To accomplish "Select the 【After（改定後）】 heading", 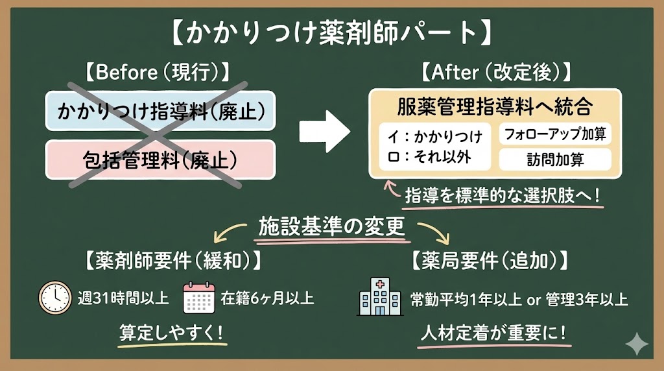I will click(495, 73).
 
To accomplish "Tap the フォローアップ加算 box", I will click(554, 134).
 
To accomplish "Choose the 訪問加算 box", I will click(554, 159).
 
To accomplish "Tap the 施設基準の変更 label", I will click(332, 226).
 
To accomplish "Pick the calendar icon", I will click(199, 298).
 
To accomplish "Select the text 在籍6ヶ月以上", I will click(267, 299).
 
